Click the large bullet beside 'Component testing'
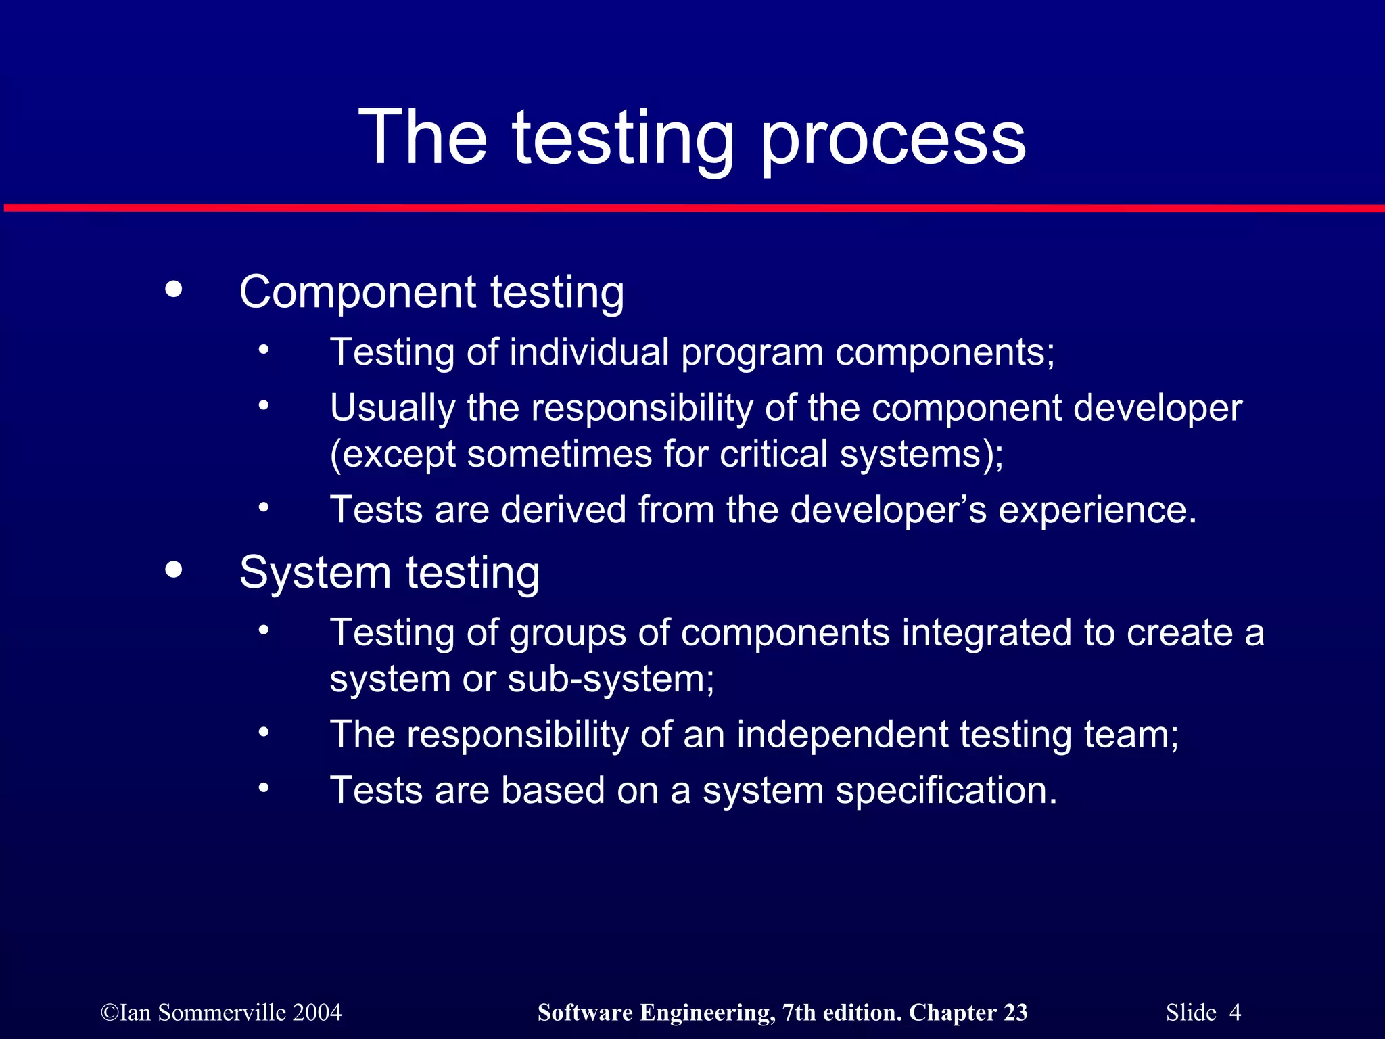pyautogui.click(x=174, y=290)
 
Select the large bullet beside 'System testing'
pyautogui.click(x=174, y=570)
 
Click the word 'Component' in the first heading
pyautogui.click(x=358, y=292)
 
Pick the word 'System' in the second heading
pyautogui.click(x=315, y=573)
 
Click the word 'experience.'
pyautogui.click(x=1098, y=511)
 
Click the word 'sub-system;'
pyautogui.click(x=611, y=678)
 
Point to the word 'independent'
pyautogui.click(x=842, y=735)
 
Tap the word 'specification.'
pyautogui.click(x=946, y=791)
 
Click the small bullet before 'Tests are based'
pyautogui.click(x=264, y=788)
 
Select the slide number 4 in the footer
pyautogui.click(x=1235, y=1013)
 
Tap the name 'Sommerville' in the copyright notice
pyautogui.click(x=222, y=1013)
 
